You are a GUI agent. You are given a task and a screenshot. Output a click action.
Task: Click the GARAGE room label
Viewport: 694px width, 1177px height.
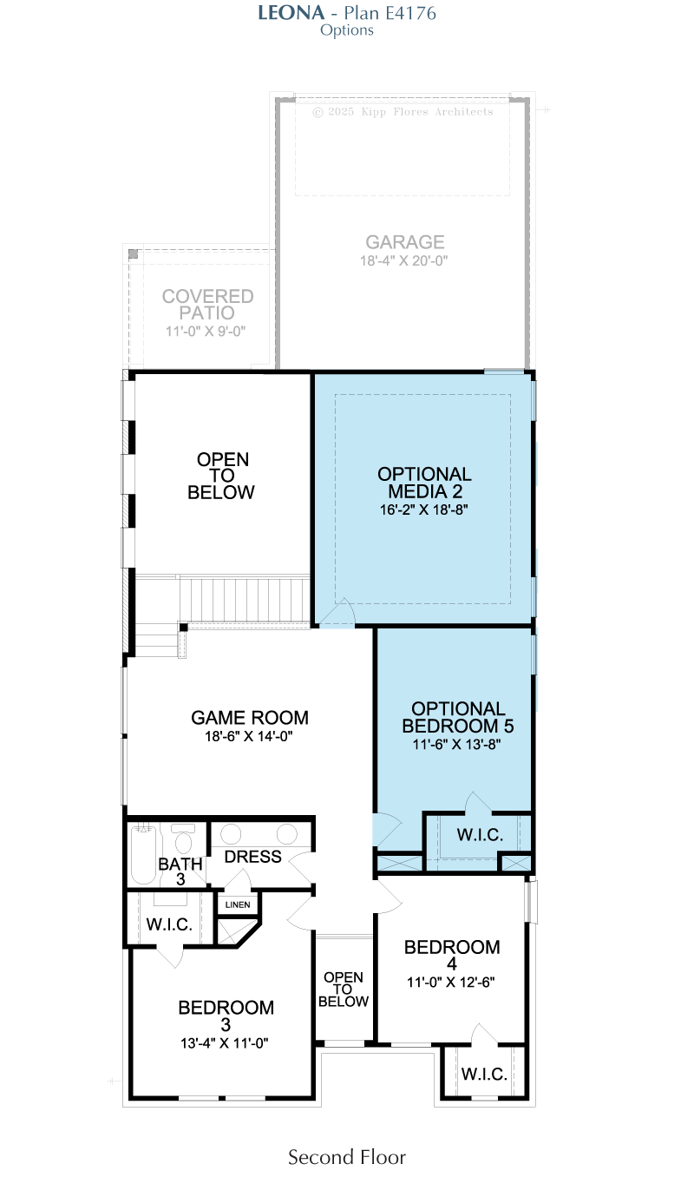point(405,242)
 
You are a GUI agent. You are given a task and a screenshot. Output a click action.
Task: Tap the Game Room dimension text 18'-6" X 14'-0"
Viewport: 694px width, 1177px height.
point(248,736)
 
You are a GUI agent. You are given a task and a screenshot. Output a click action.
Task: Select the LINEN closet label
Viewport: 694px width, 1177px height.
point(238,904)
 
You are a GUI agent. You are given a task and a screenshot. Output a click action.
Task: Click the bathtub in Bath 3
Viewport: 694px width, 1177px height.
point(143,854)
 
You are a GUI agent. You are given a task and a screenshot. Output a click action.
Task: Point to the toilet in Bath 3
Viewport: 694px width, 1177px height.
point(183,838)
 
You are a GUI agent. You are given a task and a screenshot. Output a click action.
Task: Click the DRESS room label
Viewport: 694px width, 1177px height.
point(252,857)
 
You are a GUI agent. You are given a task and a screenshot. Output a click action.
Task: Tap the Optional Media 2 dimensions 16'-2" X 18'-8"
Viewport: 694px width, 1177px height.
point(423,510)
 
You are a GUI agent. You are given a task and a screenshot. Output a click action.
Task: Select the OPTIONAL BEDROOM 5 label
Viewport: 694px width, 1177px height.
point(458,717)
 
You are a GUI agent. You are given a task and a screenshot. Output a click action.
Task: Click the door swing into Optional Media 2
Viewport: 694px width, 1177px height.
point(337,613)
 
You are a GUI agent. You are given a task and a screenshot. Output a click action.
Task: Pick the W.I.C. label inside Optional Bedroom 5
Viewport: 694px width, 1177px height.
point(480,835)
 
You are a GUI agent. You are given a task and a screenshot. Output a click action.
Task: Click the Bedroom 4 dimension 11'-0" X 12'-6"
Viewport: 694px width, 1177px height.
point(451,982)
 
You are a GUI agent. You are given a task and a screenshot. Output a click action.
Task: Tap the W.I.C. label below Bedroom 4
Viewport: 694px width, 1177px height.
point(484,1074)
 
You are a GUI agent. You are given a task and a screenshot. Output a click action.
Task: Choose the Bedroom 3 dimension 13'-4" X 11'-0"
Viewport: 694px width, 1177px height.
point(224,1043)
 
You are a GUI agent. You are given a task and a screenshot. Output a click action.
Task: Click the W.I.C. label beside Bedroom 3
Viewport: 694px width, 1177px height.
point(169,924)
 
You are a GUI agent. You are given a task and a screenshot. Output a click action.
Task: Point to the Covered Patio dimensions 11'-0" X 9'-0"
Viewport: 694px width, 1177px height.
point(206,332)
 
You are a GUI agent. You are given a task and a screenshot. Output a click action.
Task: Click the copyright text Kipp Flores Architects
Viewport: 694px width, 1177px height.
point(428,112)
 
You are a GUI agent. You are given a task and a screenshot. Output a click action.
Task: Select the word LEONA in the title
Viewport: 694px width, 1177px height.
point(291,13)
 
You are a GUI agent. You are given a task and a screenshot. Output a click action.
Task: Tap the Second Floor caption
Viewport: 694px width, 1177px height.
point(347,1157)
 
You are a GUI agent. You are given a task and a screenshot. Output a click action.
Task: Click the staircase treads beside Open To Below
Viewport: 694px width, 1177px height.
point(245,599)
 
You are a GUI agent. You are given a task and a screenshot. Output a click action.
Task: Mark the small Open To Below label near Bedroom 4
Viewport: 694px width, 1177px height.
point(344,990)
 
